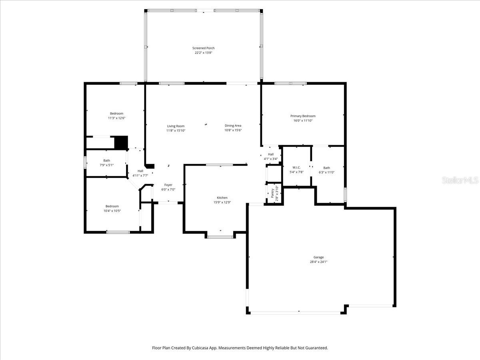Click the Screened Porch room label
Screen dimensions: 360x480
203,48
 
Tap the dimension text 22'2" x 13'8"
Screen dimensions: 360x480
203,52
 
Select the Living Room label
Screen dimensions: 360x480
176,126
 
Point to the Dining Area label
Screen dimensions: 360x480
233,126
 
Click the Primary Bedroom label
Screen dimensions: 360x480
303,116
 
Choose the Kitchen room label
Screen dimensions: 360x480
222,198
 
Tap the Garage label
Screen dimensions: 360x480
318,257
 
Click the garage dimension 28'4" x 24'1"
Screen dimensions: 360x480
318,262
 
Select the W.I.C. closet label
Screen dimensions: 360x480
296,168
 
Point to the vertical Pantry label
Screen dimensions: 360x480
272,193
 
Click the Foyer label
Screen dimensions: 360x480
168,185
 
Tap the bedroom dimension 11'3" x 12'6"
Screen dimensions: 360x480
116,118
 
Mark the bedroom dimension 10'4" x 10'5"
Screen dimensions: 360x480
112,211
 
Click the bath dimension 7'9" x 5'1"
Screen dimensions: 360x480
106,165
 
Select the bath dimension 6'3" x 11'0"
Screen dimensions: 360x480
326,172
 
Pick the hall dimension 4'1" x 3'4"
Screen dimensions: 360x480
271,159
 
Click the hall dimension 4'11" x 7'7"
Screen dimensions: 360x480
140,175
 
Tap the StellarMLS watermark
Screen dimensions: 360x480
460,181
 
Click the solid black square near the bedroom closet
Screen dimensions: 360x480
121,143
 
